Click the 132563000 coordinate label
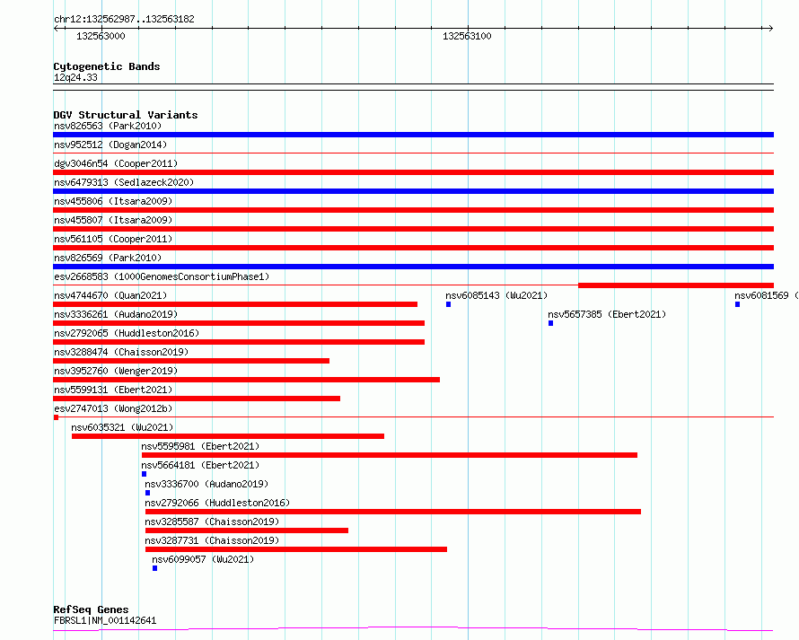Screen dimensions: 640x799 [x=101, y=36]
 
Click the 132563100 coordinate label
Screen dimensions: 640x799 [x=467, y=36]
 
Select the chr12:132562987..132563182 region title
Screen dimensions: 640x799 [x=124, y=19]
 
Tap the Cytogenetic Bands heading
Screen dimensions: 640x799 [x=106, y=66]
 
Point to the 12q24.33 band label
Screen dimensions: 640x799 [x=75, y=77]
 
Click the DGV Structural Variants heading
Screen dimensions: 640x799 [x=125, y=115]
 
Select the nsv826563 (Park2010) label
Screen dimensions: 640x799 [x=107, y=126]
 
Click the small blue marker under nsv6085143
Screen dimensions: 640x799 [x=448, y=304]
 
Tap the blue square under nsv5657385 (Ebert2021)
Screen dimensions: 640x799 [x=550, y=323]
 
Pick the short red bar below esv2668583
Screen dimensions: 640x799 [x=675, y=285]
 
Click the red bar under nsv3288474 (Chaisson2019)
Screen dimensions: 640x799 [x=191, y=361]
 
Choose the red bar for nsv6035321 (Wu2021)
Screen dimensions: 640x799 [x=227, y=436]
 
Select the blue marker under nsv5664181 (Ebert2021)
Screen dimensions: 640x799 [x=144, y=474]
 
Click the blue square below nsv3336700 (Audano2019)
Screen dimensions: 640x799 [x=147, y=493]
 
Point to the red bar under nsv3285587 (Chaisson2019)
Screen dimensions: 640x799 [x=246, y=530]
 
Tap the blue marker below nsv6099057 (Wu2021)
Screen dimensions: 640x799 [x=154, y=568]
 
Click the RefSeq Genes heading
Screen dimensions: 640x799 [x=91, y=609]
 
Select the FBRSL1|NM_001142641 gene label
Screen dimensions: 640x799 [x=104, y=620]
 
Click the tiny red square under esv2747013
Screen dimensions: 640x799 [x=56, y=417]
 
